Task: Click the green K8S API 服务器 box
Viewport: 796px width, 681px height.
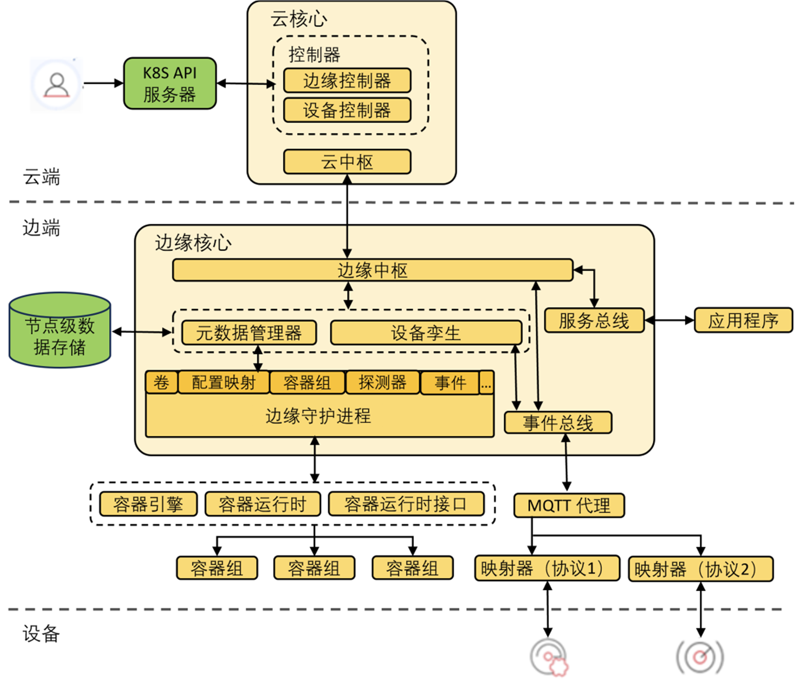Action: coord(170,83)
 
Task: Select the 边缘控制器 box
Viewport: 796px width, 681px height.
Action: coord(347,81)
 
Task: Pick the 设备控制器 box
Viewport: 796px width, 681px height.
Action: coord(347,110)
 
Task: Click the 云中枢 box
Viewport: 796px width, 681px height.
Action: coord(347,162)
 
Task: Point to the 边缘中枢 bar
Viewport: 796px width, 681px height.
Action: coord(372,270)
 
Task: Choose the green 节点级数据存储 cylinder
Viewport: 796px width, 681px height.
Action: coord(60,330)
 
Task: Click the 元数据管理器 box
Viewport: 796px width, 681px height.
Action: coord(249,333)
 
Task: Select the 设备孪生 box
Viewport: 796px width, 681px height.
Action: coord(426,333)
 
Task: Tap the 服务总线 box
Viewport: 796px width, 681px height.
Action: coord(594,320)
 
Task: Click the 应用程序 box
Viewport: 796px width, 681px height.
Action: coord(743,320)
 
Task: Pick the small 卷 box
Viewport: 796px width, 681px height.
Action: coord(161,382)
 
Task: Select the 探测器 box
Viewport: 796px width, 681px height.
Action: coord(383,382)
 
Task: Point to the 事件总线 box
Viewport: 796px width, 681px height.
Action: coord(558,423)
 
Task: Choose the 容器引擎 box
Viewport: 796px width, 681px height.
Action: coord(148,504)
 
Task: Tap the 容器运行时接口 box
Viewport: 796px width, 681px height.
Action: coord(406,504)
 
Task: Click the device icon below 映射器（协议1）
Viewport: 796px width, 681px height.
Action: coord(548,657)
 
